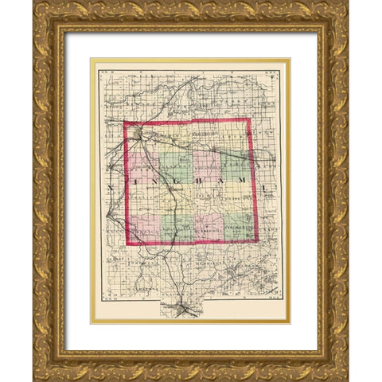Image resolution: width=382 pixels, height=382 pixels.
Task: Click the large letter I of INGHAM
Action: (x=132, y=189)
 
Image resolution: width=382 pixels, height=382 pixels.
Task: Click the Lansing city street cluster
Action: (x=140, y=135)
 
